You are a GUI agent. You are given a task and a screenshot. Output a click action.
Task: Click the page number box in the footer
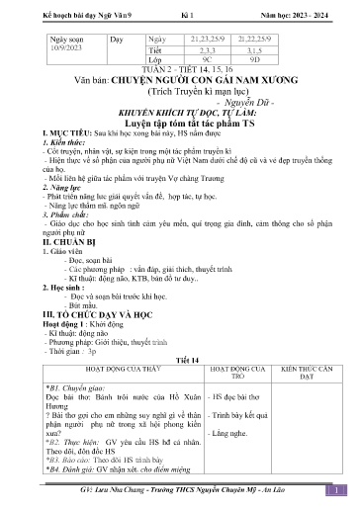337,489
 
